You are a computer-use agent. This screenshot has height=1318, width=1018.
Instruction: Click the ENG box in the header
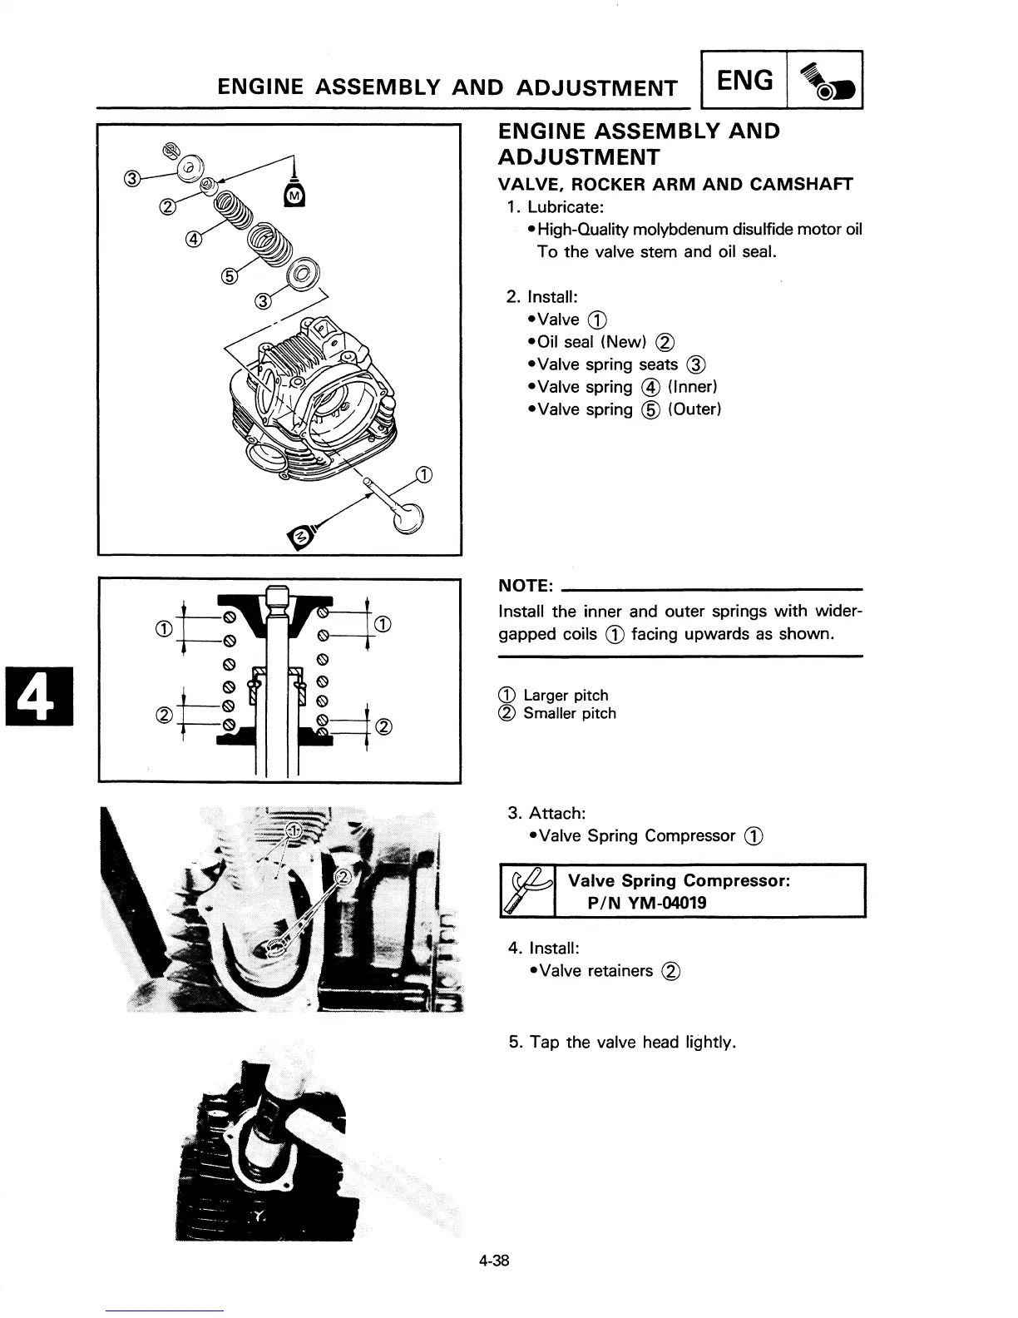(744, 81)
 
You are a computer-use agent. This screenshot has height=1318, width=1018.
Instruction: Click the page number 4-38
(493, 1260)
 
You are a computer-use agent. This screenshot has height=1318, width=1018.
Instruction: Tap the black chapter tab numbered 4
(39, 696)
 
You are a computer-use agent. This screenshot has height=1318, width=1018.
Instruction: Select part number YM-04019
(665, 902)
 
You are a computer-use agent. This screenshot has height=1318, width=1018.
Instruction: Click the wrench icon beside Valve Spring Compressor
(527, 890)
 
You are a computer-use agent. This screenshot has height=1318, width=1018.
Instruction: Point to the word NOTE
(526, 586)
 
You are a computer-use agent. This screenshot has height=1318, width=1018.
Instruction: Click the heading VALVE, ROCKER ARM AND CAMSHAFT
(675, 184)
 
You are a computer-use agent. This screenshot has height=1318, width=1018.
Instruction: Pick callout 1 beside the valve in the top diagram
(423, 476)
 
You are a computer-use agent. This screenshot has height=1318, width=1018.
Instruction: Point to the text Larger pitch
(566, 695)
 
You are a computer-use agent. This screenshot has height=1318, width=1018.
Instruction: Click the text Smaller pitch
(570, 713)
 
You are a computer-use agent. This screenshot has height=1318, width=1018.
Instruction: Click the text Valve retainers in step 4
(595, 970)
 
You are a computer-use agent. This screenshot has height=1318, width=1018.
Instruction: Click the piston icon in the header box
(824, 81)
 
